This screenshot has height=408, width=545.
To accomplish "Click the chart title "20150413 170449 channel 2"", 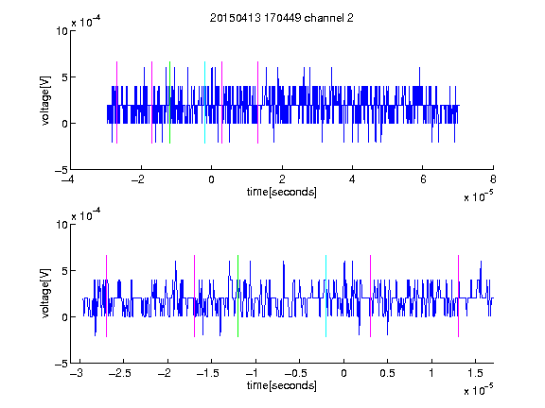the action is [282, 18].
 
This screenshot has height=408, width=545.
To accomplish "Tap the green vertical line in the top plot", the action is [169, 102].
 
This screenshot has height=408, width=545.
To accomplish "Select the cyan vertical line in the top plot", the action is [204, 102].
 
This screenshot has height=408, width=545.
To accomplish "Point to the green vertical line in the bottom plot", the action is [238, 296].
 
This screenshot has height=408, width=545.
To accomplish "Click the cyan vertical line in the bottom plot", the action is [326, 296].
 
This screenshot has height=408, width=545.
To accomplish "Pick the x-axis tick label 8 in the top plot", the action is [493, 179].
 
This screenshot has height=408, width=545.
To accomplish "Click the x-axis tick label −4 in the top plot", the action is [68, 179].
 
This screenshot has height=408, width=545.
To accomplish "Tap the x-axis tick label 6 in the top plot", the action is [423, 179].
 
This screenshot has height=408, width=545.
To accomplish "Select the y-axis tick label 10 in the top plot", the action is [62, 31].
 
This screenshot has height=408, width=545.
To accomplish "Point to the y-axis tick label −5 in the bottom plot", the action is [62, 364].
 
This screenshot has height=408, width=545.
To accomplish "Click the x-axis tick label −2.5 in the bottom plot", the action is [119, 373].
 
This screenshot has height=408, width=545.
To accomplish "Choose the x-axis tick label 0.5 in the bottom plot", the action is [387, 373].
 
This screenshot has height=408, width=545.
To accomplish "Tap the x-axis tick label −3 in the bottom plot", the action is [77, 373].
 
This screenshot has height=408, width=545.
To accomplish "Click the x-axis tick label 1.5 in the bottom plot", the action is [475, 373].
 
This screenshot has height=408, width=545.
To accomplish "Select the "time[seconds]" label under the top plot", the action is [282, 192].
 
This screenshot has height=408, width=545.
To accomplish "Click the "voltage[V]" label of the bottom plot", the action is [45, 293].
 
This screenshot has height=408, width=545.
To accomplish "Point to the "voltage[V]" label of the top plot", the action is [45, 101].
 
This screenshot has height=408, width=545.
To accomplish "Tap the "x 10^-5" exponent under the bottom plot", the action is [478, 389].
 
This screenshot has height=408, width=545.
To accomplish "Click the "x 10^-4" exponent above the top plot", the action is [86, 22].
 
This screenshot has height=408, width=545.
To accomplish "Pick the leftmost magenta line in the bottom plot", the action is [106, 296].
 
